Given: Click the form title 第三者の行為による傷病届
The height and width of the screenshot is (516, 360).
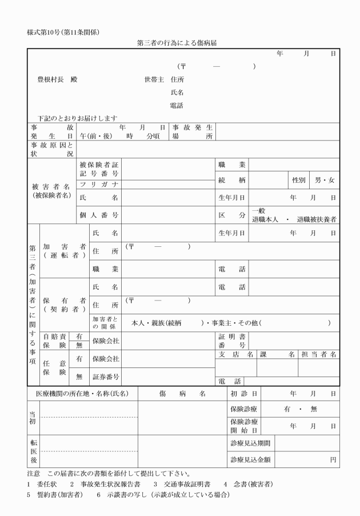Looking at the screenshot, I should tap(179, 43).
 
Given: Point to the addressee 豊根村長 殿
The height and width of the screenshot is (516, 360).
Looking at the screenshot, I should tap(57, 79).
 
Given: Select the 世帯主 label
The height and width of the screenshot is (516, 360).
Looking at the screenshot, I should tap(154, 79).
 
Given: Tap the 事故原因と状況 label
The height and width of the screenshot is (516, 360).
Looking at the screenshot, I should tap(52, 149).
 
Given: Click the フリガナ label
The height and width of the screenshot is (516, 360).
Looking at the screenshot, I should tap(99, 184).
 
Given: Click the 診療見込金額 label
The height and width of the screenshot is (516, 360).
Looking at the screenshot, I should tap(250, 459).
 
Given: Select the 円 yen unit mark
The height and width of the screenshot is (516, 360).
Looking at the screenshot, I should tap(333, 459).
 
